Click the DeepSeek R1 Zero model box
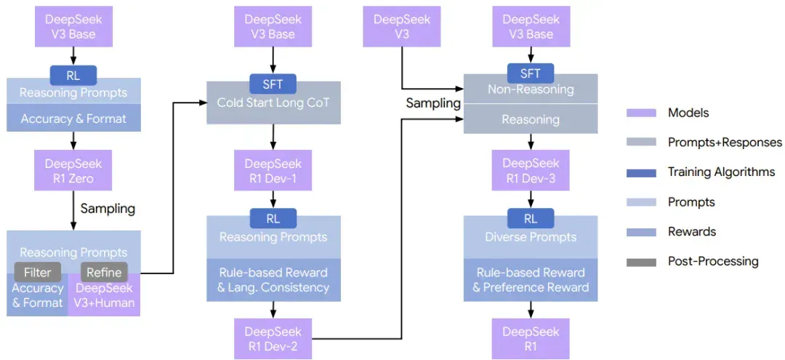73,170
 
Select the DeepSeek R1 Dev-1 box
273,170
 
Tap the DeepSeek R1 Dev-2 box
273,338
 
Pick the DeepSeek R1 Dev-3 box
531,170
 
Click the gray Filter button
37,272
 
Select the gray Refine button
104,272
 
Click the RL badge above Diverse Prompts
531,218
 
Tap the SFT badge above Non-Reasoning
531,73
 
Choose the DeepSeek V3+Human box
104,295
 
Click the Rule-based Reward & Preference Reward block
531,280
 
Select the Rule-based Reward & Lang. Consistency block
273,280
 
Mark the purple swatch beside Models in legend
641,113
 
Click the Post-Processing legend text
714,261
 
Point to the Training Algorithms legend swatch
641,173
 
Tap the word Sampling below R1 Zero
108,208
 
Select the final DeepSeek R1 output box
531,338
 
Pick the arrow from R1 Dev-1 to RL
273,199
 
